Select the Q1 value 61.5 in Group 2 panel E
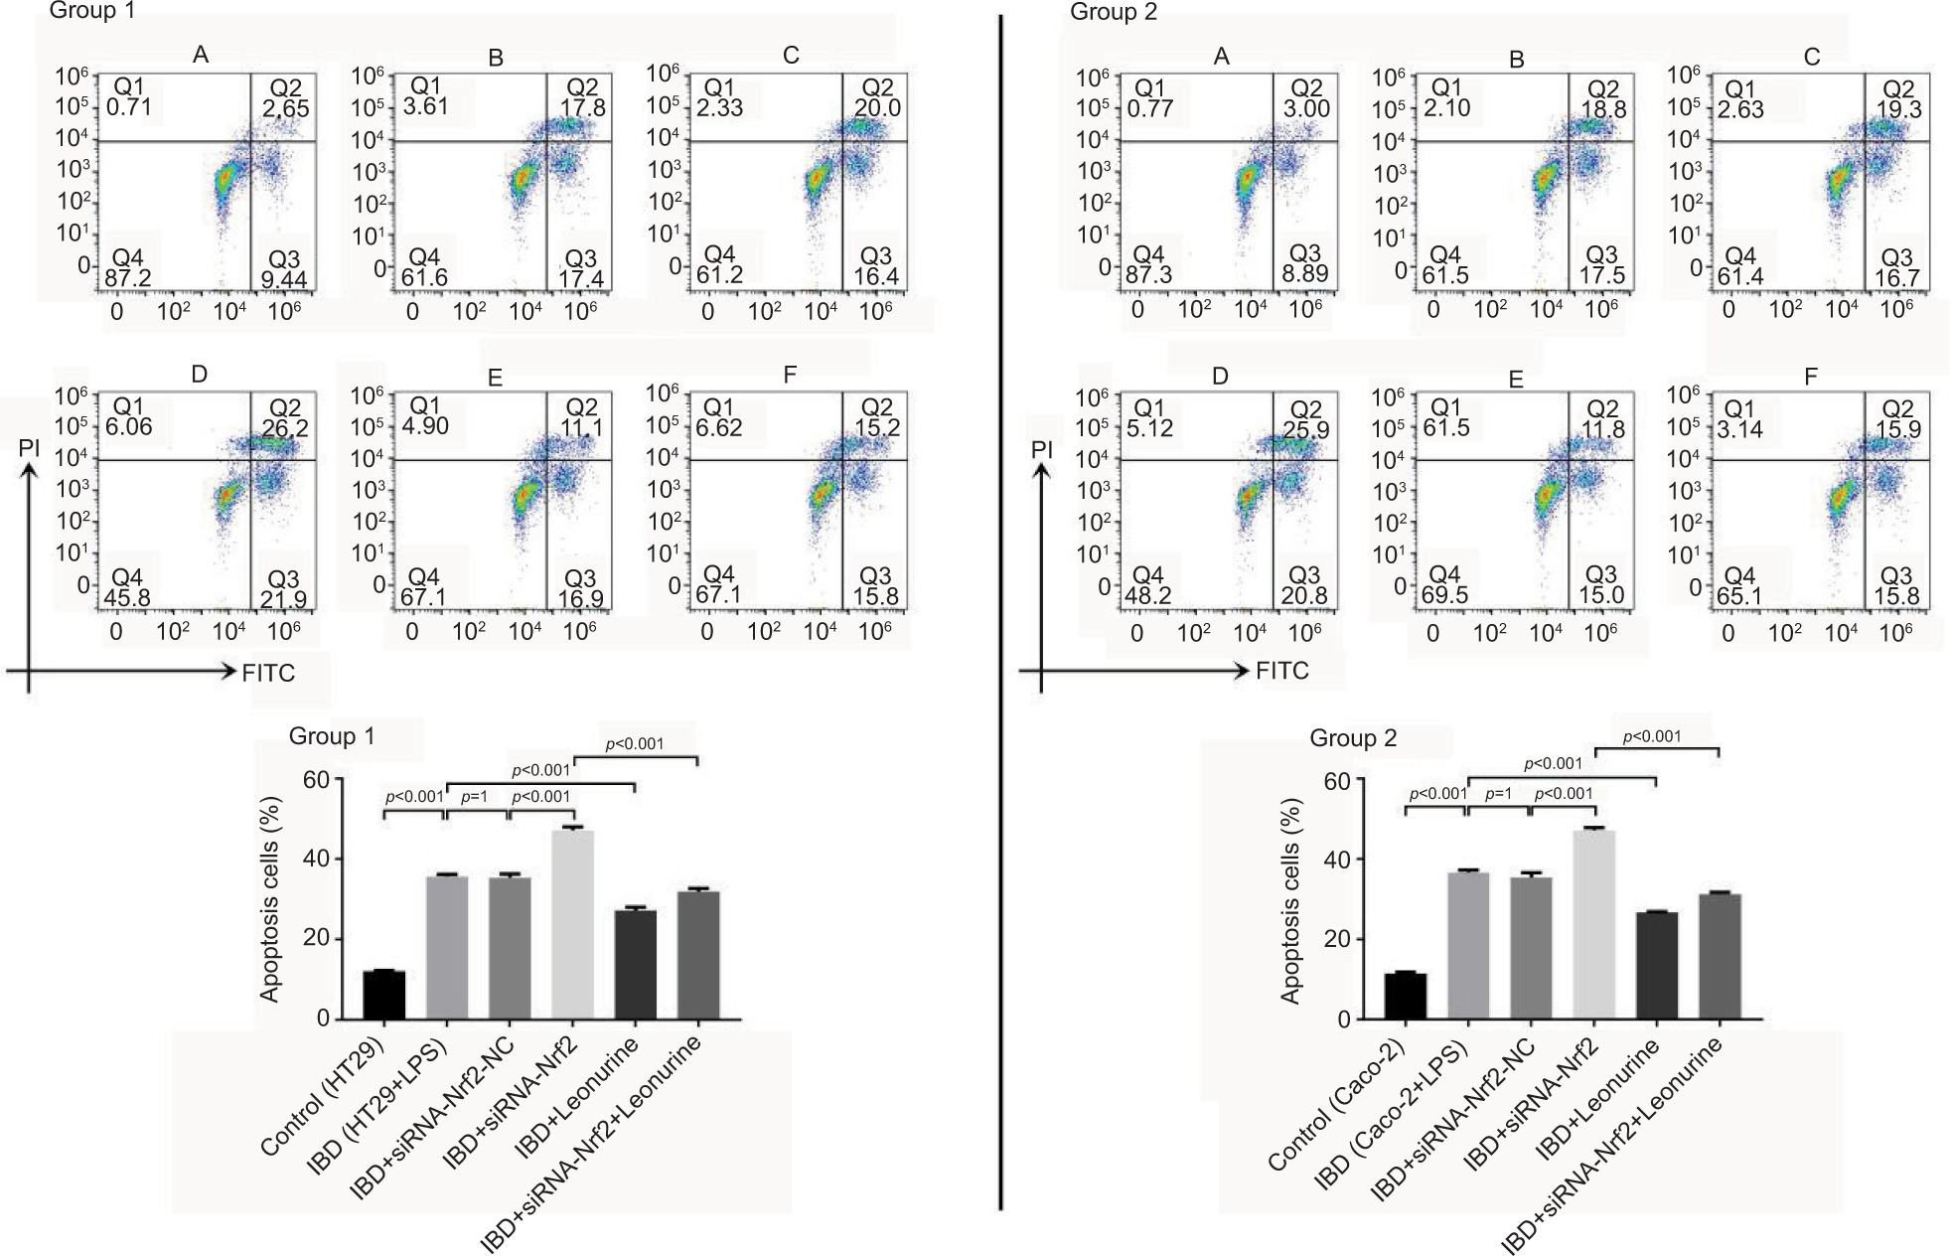(x=1448, y=428)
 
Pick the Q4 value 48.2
(x=1148, y=596)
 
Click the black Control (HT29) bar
(x=383, y=994)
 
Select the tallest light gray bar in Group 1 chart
(x=572, y=924)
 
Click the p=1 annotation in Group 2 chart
(x=1498, y=794)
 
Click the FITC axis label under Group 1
(x=268, y=674)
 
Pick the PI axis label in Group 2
(x=1041, y=449)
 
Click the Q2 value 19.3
(x=1897, y=108)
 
